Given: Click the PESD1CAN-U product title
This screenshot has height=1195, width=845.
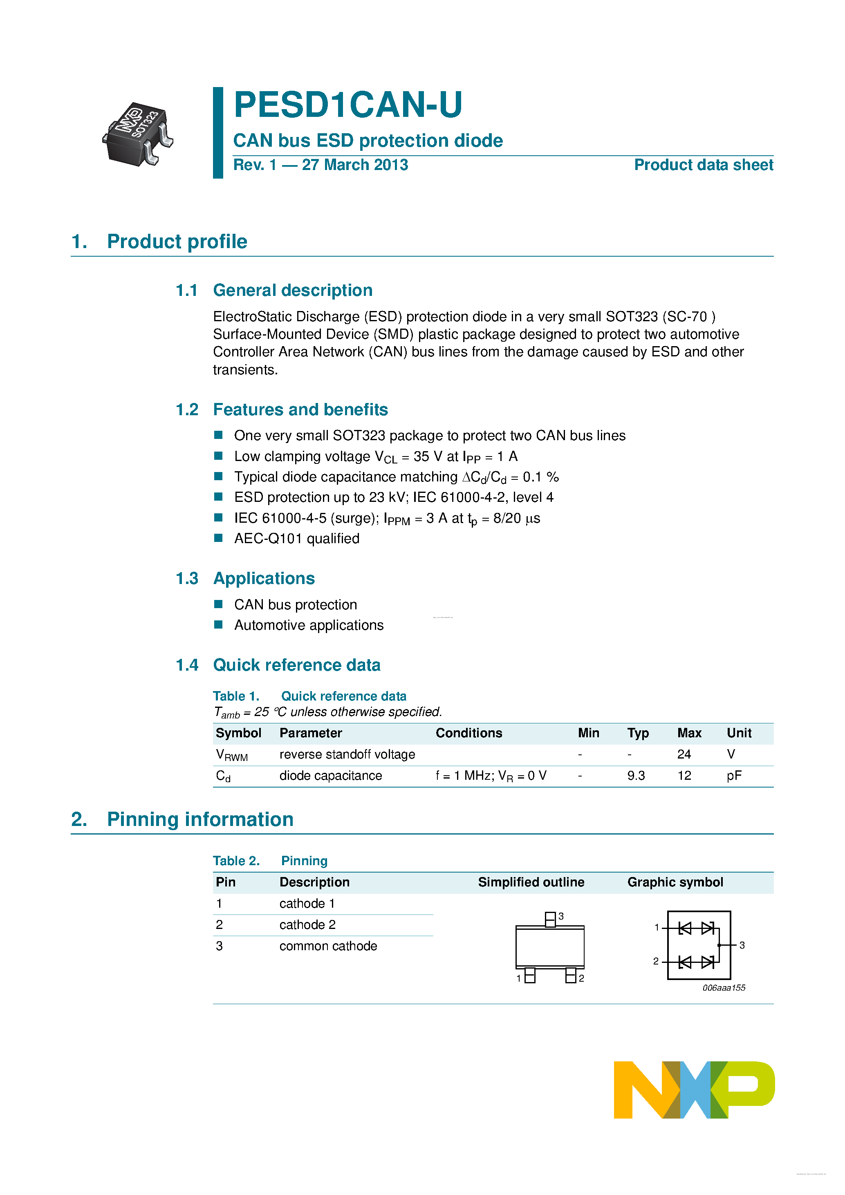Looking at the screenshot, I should pyautogui.click(x=348, y=105).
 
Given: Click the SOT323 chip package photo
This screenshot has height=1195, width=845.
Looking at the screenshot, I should pyautogui.click(x=138, y=134).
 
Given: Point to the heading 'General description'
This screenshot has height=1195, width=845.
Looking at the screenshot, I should pyautogui.click(x=293, y=291).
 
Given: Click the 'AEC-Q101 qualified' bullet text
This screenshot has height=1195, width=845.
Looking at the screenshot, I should pyautogui.click(x=297, y=539).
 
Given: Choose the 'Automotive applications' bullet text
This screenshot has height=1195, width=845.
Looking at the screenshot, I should pyautogui.click(x=309, y=625).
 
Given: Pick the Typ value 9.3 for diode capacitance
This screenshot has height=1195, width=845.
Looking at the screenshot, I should pyautogui.click(x=636, y=776).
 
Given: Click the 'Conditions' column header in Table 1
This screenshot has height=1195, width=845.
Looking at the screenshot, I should pyautogui.click(x=468, y=733).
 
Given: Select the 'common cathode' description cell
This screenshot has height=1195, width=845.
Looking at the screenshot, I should pyautogui.click(x=328, y=946).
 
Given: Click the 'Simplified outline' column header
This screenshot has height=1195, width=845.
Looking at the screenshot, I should pyautogui.click(x=531, y=882).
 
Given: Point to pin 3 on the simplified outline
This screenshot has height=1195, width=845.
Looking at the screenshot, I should pyautogui.click(x=550, y=919).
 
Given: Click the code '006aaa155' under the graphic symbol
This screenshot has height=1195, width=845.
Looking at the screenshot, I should pyautogui.click(x=724, y=988).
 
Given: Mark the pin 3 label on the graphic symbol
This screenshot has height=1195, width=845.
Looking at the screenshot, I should pyautogui.click(x=742, y=945).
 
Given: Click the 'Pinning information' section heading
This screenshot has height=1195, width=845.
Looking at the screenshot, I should pyautogui.click(x=200, y=819).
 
